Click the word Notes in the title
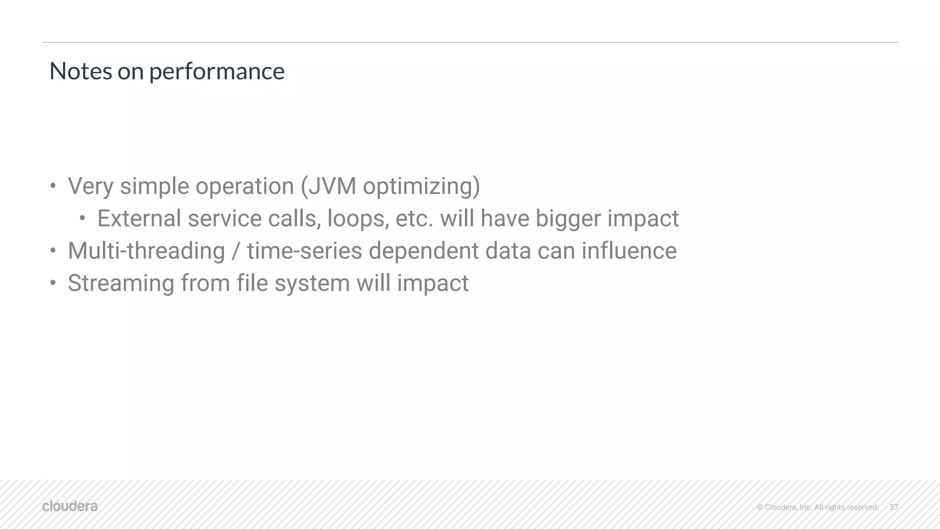(x=80, y=71)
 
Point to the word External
(x=139, y=218)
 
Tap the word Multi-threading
(x=146, y=251)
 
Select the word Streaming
(x=121, y=284)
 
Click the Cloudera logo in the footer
(x=70, y=507)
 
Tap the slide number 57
(x=894, y=507)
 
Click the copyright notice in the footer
(x=817, y=507)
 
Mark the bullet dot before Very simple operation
(x=53, y=186)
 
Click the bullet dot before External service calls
(x=82, y=218)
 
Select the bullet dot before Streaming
(x=53, y=283)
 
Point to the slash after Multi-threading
(x=236, y=251)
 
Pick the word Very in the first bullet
(x=90, y=186)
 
